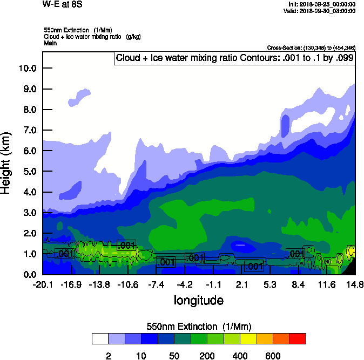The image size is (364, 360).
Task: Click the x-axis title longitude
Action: click(x=198, y=300)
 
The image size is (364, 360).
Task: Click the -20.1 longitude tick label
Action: click(x=43, y=284)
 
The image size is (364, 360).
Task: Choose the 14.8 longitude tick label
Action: click(x=355, y=284)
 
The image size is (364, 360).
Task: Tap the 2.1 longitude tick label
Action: click(x=241, y=284)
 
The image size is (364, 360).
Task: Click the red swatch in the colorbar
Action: click(x=298, y=339)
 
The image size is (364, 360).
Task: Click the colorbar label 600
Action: click(x=273, y=356)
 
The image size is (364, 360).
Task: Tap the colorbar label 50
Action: click(x=174, y=356)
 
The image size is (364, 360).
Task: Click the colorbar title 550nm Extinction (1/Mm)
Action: click(x=199, y=326)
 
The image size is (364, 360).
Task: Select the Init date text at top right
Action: click(x=322, y=4)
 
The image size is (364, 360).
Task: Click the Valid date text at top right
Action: click(x=321, y=11)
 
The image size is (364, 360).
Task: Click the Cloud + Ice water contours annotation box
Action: click(x=234, y=58)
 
